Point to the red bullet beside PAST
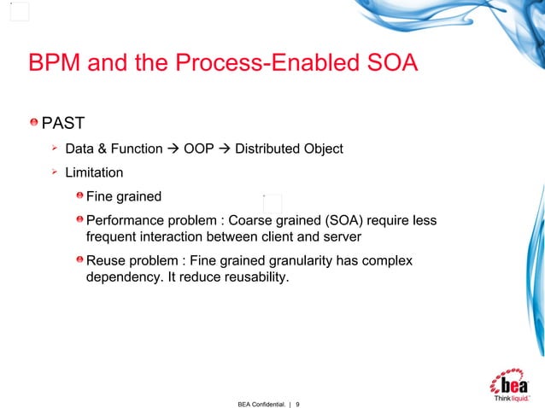pyautogui.click(x=34, y=125)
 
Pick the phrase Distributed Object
pyautogui.click(x=289, y=149)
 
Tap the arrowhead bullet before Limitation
pyautogui.click(x=54, y=172)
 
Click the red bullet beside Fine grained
pyautogui.click(x=79, y=196)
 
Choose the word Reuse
pyautogui.click(x=106, y=260)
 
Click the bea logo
pyautogui.click(x=511, y=383)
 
